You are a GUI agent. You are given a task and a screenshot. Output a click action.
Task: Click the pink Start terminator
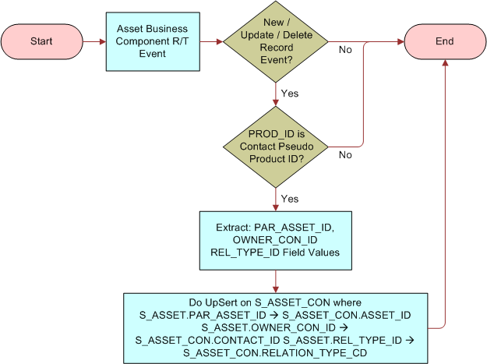click(41, 41)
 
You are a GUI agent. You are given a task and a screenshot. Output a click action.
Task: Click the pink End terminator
click(444, 41)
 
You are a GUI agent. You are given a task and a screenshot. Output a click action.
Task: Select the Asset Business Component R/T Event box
click(152, 41)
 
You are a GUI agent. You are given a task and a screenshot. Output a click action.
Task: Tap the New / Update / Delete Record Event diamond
click(276, 41)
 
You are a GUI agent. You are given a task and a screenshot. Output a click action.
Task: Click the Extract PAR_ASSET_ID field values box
click(276, 240)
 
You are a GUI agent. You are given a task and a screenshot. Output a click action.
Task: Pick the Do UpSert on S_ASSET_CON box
click(276, 326)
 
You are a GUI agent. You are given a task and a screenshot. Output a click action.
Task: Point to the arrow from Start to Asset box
click(94, 41)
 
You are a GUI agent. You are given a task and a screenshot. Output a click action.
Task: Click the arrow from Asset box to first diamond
click(210, 41)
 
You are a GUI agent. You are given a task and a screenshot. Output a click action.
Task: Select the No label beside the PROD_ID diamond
click(345, 154)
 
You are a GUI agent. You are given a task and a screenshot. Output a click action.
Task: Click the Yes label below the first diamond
click(289, 94)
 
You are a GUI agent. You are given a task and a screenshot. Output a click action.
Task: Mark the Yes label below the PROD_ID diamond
click(289, 199)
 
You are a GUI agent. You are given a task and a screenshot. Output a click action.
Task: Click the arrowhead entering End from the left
click(400, 41)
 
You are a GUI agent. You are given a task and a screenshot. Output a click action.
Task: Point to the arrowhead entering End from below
click(444, 64)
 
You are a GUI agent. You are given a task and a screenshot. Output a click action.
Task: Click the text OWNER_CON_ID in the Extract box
click(277, 240)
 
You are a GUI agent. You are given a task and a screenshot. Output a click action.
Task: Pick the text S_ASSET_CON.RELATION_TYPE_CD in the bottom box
click(276, 352)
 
